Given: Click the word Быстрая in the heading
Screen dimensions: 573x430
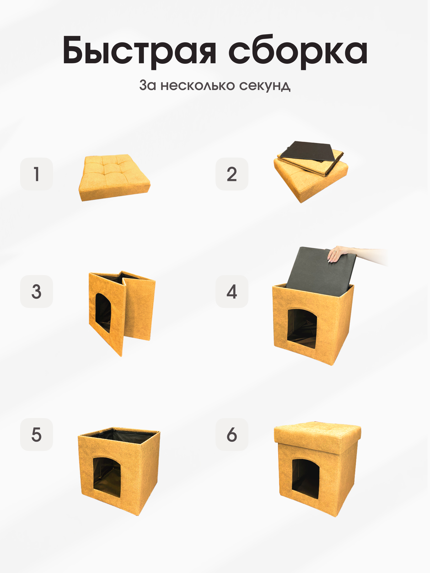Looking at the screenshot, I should [x=139, y=51].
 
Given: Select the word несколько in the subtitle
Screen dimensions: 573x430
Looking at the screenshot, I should [x=198, y=85].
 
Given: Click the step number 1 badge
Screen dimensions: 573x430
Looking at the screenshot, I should [x=37, y=174].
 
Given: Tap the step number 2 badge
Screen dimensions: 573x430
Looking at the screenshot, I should [x=232, y=174].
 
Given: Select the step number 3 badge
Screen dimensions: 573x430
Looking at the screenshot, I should [x=37, y=292].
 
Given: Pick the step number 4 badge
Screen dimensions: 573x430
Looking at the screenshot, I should [x=232, y=292].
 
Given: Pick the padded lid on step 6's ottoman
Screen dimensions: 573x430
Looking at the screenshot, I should [x=317, y=435].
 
